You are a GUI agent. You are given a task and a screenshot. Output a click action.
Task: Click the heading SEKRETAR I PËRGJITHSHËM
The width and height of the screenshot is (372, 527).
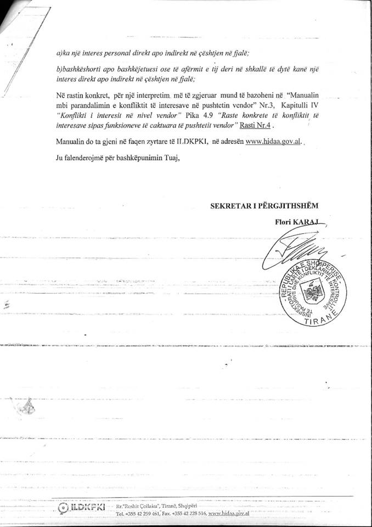click(264, 205)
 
